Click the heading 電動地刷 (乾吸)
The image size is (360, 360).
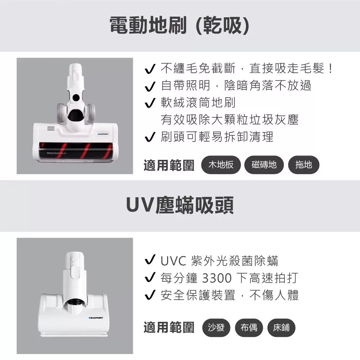179,26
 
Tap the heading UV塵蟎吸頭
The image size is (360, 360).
180,206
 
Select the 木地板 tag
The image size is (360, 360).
221,165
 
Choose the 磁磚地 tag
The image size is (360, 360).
264,165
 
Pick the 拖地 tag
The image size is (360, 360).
303,165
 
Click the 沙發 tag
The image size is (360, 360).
216,328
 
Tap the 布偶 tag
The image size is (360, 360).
249,328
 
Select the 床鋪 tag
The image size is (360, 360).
282,328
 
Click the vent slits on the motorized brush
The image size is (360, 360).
51,129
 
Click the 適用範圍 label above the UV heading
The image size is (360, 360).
168,165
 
